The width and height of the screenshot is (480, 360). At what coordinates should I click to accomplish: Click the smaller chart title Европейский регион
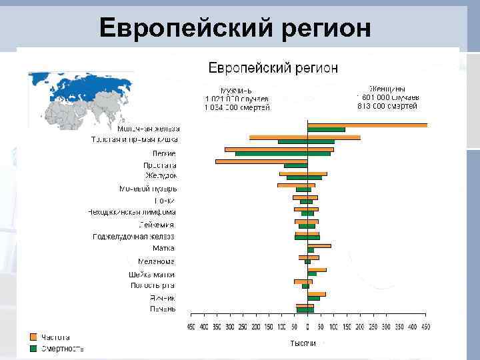[273, 68]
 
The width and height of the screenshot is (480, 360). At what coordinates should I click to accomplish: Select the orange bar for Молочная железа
[367, 125]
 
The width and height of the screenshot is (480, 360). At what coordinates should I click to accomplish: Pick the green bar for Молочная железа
[326, 129]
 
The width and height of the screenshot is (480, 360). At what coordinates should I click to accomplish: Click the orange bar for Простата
[261, 161]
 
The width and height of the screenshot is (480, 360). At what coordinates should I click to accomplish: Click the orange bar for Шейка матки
[317, 270]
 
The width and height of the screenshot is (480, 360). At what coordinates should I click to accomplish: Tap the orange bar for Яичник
[316, 294]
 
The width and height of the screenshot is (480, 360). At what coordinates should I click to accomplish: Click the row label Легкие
[164, 153]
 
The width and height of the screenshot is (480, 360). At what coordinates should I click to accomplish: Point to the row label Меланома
[157, 261]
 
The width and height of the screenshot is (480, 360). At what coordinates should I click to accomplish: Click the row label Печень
[163, 309]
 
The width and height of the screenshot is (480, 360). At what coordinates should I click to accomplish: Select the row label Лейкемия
[161, 225]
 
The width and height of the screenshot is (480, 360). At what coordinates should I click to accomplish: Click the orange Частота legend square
[33, 337]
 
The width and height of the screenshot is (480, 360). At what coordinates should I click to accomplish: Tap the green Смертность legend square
[33, 348]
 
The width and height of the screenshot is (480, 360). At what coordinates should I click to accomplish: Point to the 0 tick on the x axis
[307, 327]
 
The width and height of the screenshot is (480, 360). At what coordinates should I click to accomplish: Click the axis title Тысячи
[302, 343]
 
